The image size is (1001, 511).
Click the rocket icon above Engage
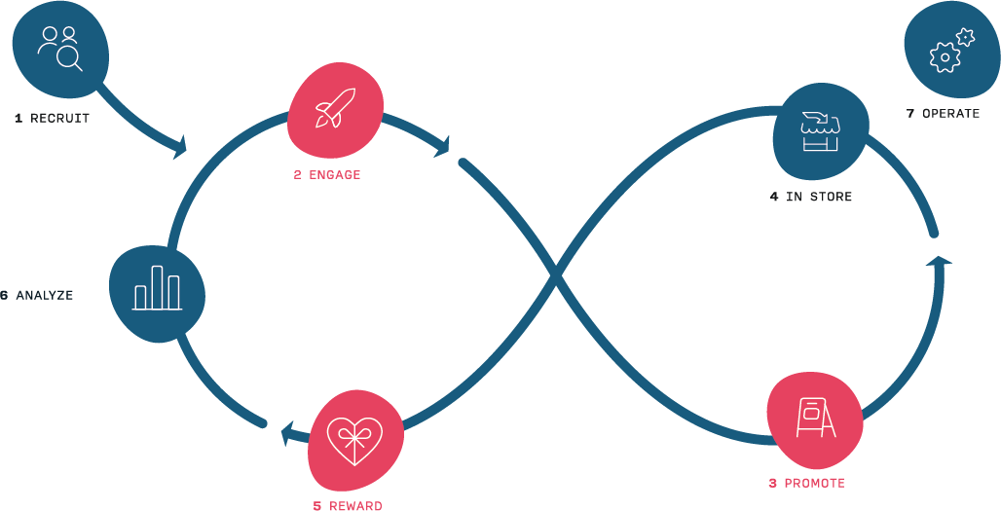334,108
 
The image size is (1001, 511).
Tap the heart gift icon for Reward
353,440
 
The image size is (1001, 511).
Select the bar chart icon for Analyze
157,289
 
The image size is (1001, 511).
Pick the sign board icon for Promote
815,418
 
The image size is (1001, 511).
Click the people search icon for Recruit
60,48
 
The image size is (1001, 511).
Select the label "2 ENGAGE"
327,175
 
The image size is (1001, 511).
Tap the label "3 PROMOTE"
806,483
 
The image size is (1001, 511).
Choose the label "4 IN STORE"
810,197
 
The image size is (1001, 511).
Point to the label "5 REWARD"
348,506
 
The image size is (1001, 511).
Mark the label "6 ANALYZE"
37,295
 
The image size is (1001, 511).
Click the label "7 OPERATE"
943,114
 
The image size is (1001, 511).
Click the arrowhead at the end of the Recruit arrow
179,149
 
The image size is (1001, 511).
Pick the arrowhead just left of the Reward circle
289,433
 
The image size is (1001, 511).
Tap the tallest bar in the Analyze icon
157,286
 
